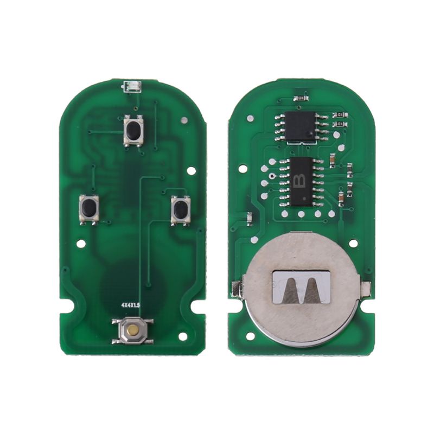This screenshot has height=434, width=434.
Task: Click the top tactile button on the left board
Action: click(x=133, y=130)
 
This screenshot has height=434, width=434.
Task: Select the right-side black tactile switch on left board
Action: click(x=181, y=209)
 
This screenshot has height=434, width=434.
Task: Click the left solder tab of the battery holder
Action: click(x=236, y=288)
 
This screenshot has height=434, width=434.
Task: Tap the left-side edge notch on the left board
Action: click(x=68, y=305)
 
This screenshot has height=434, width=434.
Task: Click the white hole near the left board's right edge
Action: click(x=191, y=170)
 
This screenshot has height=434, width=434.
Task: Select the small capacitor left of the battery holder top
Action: click(x=249, y=219)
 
